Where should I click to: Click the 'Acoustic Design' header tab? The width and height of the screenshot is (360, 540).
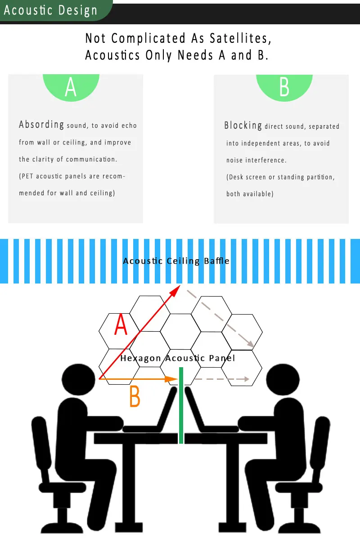[50, 10]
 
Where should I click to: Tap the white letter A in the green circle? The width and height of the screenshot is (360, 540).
[71, 87]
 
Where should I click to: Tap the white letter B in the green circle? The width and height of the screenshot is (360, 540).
[284, 87]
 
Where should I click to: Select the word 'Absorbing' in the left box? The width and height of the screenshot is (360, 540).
[41, 125]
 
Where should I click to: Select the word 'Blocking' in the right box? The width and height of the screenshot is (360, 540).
[243, 126]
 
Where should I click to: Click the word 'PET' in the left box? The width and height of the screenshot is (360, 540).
[27, 176]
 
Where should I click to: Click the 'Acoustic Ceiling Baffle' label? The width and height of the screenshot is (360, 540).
[176, 261]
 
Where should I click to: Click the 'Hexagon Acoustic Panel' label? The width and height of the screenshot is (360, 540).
[177, 358]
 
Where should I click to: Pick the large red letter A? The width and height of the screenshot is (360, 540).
[121, 325]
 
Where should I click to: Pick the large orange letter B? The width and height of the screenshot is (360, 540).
[135, 396]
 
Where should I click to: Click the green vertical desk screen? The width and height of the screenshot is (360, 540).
[181, 405]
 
